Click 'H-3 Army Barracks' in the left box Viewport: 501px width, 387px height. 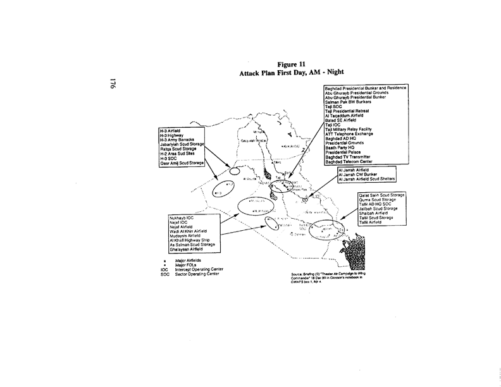[x=180, y=138]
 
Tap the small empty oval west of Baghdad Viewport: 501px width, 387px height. [x=234, y=171]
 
